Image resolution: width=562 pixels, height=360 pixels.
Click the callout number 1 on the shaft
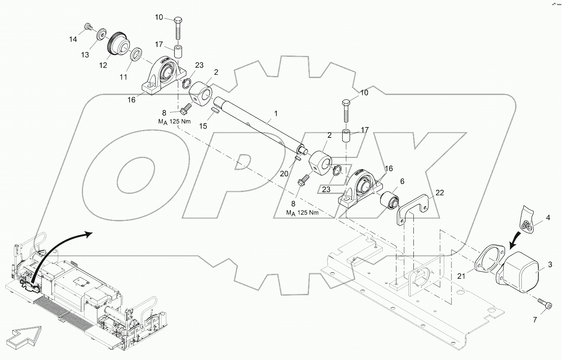click(275, 114)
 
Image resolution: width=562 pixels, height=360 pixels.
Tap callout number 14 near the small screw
click(73, 39)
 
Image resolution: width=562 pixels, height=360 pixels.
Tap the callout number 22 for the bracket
click(440, 193)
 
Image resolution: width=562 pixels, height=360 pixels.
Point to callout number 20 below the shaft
click(284, 174)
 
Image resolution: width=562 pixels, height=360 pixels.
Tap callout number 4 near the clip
click(548, 218)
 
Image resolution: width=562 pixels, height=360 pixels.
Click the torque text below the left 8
click(176, 122)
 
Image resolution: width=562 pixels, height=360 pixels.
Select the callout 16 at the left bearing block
click(132, 100)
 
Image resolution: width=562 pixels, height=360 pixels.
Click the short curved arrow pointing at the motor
click(518, 241)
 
